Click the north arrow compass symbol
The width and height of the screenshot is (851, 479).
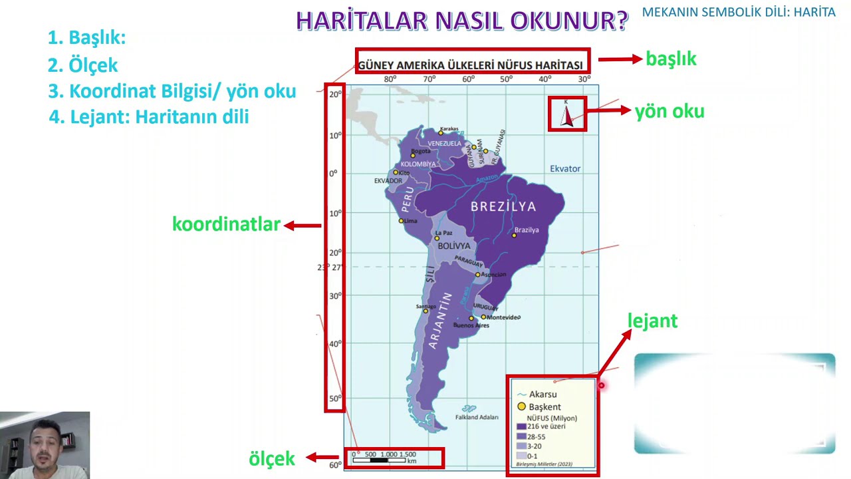tap(567, 114)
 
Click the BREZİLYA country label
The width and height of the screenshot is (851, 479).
tap(503, 206)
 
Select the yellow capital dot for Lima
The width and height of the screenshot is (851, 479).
tap(401, 221)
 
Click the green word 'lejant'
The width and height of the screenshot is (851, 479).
tap(652, 321)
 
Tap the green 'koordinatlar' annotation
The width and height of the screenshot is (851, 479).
tap(226, 225)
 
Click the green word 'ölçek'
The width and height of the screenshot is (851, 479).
tap(271, 458)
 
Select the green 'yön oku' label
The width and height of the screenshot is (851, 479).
tap(669, 112)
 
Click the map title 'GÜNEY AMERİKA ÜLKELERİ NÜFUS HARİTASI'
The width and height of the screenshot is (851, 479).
tap(471, 65)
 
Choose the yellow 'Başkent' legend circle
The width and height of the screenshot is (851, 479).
tap(521, 406)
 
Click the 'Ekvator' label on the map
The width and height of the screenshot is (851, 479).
tap(565, 169)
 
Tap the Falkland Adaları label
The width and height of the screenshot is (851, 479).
tap(477, 417)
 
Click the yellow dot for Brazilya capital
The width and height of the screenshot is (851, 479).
tap(514, 235)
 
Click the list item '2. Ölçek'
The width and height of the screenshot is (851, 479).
tap(82, 65)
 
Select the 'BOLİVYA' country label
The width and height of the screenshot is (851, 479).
tap(454, 246)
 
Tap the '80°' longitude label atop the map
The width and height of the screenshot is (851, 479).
tap(390, 79)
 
